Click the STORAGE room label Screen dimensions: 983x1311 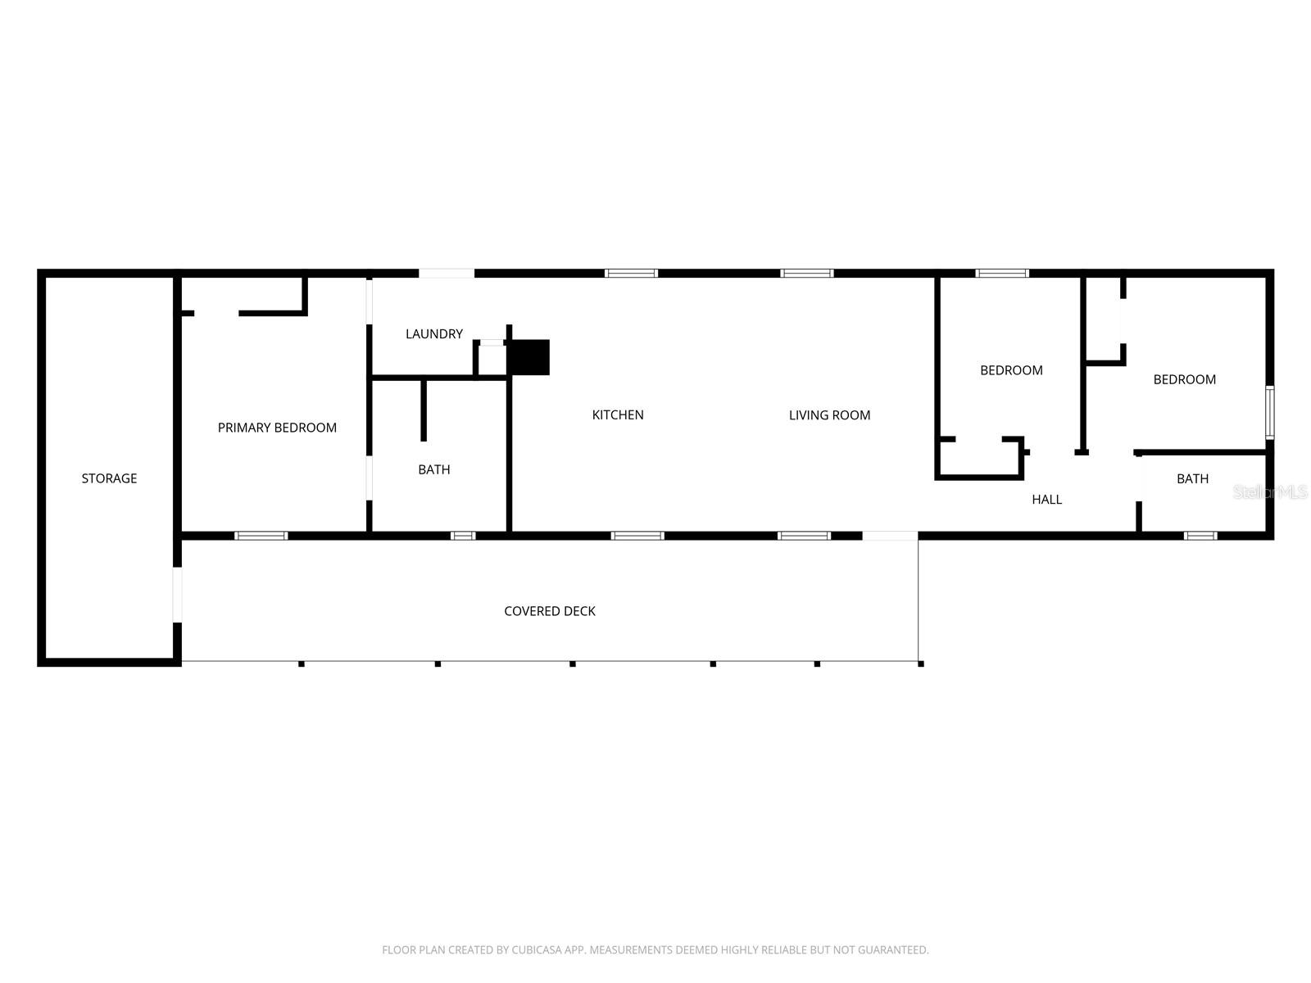click(x=109, y=478)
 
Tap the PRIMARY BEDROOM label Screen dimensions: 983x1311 click(x=277, y=428)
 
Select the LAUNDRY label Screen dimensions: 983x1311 click(x=434, y=333)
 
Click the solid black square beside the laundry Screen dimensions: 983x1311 click(x=528, y=357)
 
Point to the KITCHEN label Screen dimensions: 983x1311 click(x=618, y=414)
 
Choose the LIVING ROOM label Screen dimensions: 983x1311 click(x=829, y=415)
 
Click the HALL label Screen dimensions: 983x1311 click(x=1046, y=499)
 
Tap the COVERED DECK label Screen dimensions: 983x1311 click(x=550, y=611)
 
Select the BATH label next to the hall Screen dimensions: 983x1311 click(x=1192, y=478)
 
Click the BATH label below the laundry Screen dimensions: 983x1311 click(x=433, y=469)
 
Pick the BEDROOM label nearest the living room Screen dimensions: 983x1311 click(x=1011, y=370)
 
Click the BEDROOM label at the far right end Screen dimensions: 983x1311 click(x=1184, y=379)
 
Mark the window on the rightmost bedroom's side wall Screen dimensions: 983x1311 click(x=1269, y=412)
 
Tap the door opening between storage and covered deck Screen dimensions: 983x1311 click(x=177, y=595)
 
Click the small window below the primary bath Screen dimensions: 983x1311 click(x=463, y=536)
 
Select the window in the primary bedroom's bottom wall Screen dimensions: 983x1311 click(x=261, y=536)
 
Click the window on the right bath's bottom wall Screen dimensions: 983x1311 click(x=1200, y=536)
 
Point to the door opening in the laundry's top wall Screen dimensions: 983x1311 click(x=447, y=273)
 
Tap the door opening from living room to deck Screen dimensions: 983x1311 click(x=890, y=536)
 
